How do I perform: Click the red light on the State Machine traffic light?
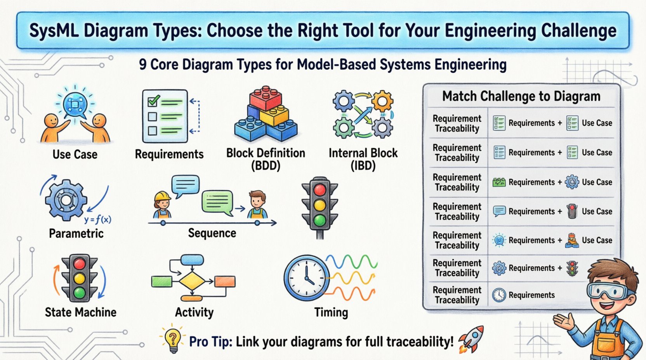(79, 264)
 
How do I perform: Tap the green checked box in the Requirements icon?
(153, 101)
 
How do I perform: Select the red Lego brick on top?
(266, 98)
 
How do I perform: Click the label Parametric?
(76, 234)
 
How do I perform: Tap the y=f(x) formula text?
(98, 220)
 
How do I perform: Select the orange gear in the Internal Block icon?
(382, 102)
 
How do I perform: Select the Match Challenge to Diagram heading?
(521, 96)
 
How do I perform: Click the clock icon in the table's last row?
(499, 295)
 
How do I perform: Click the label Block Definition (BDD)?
(266, 159)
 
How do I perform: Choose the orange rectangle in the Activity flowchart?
(225, 281)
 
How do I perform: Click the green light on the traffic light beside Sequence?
(320, 220)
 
